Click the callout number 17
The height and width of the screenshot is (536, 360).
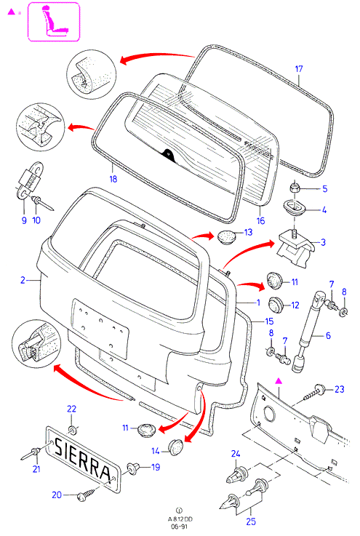299,69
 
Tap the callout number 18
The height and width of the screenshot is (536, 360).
113,178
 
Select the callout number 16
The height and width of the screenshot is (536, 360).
260,221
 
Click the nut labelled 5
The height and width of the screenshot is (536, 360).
295,188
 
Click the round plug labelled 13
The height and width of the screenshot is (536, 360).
227,236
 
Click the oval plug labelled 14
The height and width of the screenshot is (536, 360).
176,447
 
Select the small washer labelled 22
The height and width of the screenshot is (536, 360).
72,430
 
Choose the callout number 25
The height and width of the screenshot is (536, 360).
251,521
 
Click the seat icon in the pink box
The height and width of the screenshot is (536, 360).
55,22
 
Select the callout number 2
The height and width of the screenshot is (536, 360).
23,280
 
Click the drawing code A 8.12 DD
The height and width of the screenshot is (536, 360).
180,519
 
